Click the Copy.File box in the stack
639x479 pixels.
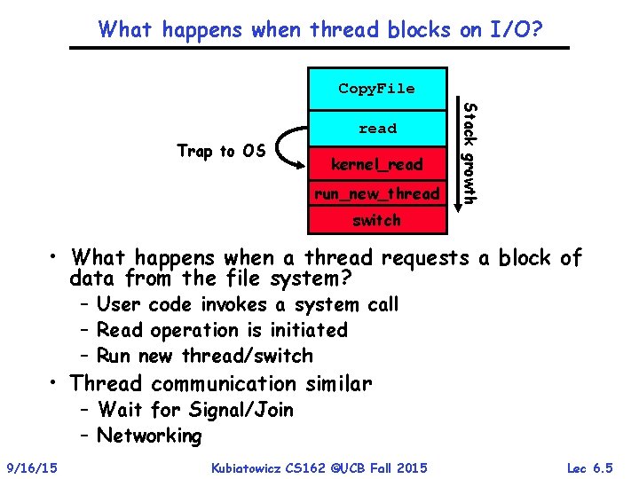point(376,88)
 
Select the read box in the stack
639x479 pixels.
point(377,129)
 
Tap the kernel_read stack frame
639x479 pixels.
point(377,165)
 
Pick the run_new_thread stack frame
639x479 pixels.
point(375,193)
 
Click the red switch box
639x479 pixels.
point(376,220)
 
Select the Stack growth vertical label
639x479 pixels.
point(471,151)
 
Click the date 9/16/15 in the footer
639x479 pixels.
point(31,467)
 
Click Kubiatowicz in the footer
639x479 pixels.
point(253,467)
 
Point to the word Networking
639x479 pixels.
point(149,436)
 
